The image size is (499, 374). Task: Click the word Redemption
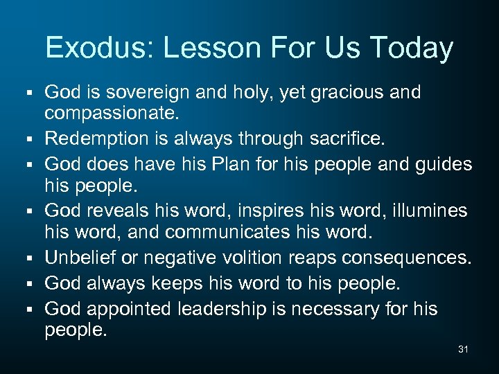click(97, 139)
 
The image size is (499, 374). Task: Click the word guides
click(444, 165)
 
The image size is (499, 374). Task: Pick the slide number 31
click(463, 350)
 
